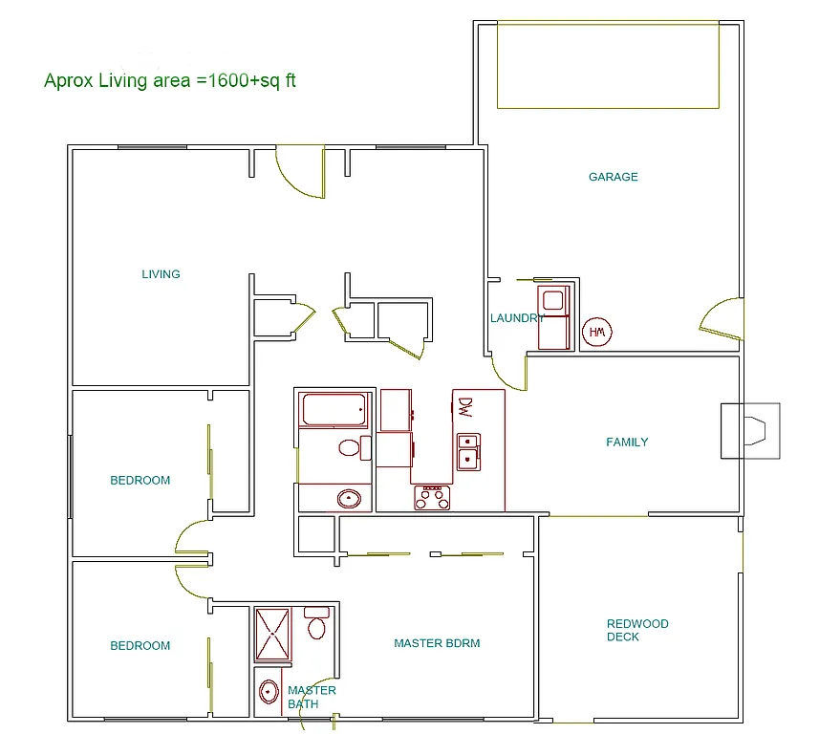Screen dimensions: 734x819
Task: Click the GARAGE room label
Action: (x=613, y=177)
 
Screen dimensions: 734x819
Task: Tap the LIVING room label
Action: (x=161, y=274)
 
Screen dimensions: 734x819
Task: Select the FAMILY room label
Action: (x=627, y=442)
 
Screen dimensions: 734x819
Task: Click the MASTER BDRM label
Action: (x=437, y=643)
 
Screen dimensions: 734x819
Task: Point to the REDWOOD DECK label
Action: (x=637, y=630)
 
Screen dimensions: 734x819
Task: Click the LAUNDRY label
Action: (x=517, y=318)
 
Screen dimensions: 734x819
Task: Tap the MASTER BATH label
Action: (x=312, y=697)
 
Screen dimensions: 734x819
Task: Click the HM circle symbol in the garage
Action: (x=597, y=332)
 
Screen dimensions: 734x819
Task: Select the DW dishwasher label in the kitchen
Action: (x=465, y=406)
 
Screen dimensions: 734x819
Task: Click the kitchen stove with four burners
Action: (x=432, y=497)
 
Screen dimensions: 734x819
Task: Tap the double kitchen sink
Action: (x=468, y=451)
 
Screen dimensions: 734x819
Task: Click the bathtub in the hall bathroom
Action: (x=334, y=411)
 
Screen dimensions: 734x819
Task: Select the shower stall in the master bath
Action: (x=272, y=634)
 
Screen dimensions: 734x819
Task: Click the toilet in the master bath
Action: (x=317, y=624)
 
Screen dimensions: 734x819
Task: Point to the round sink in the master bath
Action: (x=269, y=691)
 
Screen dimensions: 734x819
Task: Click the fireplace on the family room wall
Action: (x=750, y=431)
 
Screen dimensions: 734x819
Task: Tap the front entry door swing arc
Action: (x=299, y=173)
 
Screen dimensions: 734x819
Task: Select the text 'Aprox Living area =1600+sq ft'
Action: (x=170, y=80)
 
